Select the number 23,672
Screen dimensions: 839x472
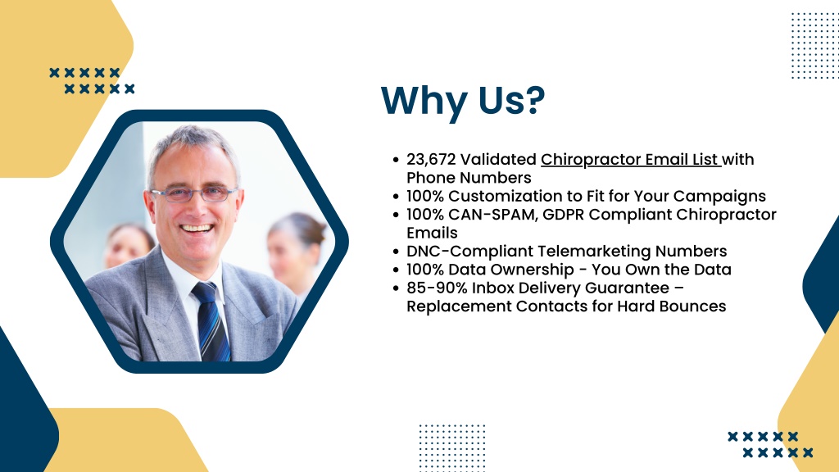(x=431, y=160)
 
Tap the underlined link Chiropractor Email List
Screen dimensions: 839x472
(x=630, y=160)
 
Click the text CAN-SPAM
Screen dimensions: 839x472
(x=492, y=214)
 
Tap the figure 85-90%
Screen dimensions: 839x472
(x=437, y=288)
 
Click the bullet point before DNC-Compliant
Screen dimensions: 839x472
(x=396, y=252)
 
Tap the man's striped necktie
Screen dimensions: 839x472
(x=212, y=321)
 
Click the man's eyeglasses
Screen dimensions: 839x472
(x=193, y=194)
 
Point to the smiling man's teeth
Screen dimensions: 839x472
(x=197, y=229)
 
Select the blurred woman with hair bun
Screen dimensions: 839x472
(x=296, y=252)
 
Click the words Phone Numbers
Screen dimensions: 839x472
(x=469, y=178)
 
